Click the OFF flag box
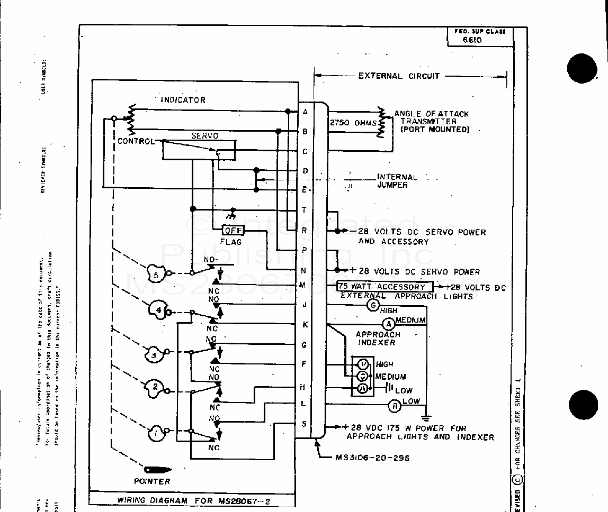(233, 231)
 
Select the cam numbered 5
(155, 274)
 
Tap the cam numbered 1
(156, 434)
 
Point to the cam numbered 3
(154, 355)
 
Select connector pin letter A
(305, 112)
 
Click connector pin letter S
(304, 424)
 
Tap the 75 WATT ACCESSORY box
(385, 287)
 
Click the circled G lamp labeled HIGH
(373, 305)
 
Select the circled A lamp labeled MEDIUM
(388, 324)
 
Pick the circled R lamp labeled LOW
(395, 406)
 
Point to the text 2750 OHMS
(354, 123)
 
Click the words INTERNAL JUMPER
(397, 181)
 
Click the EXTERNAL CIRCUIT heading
(399, 76)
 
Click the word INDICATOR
(183, 99)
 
